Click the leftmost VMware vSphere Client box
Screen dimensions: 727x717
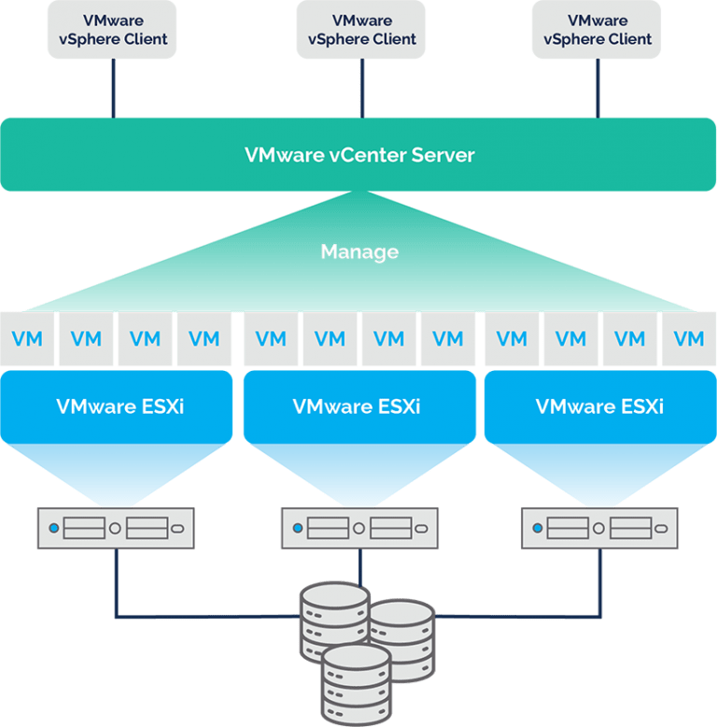(x=113, y=30)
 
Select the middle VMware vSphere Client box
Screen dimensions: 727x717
(x=359, y=30)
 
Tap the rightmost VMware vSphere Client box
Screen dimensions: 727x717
(x=597, y=30)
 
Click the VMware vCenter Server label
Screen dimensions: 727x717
(x=359, y=154)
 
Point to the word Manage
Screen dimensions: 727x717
(x=359, y=251)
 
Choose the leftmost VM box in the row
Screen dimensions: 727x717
(x=28, y=338)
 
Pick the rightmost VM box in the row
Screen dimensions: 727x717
(x=689, y=338)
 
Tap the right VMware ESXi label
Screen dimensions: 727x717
(x=599, y=406)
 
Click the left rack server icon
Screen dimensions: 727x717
(x=116, y=528)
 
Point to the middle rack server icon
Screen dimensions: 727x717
(x=359, y=528)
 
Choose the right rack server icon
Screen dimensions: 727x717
(x=599, y=528)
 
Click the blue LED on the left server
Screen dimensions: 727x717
(x=53, y=529)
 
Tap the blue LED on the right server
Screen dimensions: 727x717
(x=537, y=529)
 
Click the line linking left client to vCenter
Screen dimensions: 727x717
(x=113, y=89)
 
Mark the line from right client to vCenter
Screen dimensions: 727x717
(x=597, y=89)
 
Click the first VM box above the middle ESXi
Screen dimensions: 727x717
(x=271, y=338)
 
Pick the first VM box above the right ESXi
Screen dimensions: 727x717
(x=512, y=338)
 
